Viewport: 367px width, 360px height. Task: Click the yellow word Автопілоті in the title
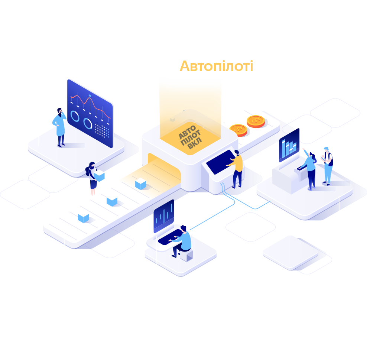[x=217, y=67]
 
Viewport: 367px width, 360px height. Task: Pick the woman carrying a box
[x=92, y=178]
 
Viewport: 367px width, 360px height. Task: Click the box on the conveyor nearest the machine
[x=140, y=184]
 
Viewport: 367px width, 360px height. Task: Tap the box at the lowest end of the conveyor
[x=83, y=218]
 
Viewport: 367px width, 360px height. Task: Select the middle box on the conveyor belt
[x=112, y=201]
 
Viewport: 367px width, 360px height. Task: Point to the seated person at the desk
[x=182, y=240]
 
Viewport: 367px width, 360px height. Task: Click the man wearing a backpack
[x=327, y=165]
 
